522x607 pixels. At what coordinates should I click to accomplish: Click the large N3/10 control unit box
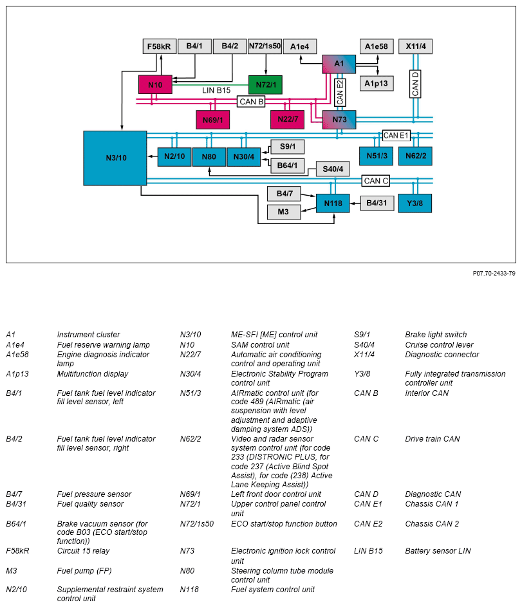tap(115, 158)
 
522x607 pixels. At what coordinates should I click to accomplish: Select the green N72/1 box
tap(265, 84)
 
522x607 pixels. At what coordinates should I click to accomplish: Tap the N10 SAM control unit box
tap(155, 84)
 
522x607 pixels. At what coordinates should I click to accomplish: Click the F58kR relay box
tap(158, 46)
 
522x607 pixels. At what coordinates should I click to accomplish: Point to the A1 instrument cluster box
tap(339, 64)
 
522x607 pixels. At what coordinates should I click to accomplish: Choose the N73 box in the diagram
tap(339, 120)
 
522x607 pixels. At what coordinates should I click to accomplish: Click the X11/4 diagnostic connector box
tap(416, 46)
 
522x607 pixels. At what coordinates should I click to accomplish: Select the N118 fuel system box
tap(333, 203)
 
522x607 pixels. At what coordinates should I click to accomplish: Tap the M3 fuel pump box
tap(283, 212)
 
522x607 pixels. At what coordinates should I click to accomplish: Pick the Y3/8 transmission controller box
tap(415, 203)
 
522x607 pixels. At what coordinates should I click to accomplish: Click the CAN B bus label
tap(251, 102)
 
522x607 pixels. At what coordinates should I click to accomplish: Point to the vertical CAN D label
tap(416, 84)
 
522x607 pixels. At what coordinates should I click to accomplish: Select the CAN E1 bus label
tap(396, 135)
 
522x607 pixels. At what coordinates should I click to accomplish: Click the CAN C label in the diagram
tap(376, 181)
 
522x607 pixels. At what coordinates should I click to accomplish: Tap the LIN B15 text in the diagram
tap(216, 91)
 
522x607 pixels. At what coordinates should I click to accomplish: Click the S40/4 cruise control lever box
tap(332, 169)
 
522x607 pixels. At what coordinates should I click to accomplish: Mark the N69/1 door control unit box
tap(212, 120)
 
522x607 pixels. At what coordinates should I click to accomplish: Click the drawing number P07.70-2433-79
tap(494, 273)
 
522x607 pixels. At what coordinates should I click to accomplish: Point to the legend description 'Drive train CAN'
tap(433, 439)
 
